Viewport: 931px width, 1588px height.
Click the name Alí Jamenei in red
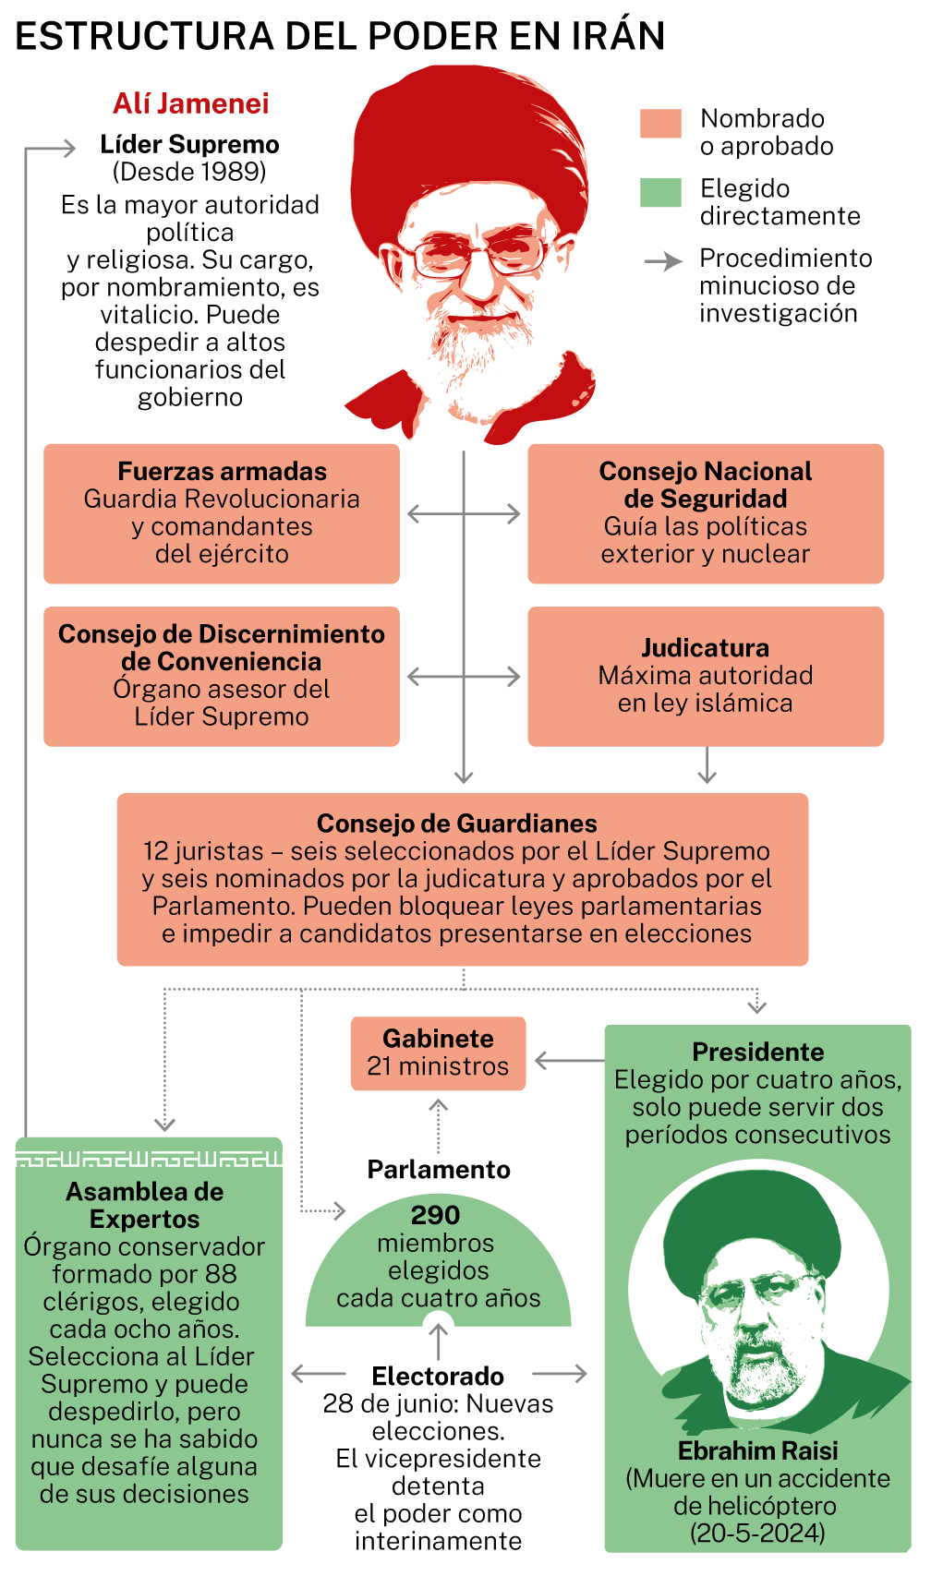(x=190, y=103)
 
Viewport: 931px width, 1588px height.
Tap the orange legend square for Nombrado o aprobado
(x=660, y=123)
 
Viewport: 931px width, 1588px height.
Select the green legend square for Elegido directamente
(x=660, y=192)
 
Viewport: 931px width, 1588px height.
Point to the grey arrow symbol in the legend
(x=663, y=262)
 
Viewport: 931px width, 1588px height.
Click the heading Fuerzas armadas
(x=222, y=471)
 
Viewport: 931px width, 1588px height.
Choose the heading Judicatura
(x=706, y=647)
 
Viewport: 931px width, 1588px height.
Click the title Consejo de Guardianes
(x=457, y=823)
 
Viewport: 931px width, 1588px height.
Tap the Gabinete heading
(x=438, y=1039)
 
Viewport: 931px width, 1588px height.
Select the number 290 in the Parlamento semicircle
(x=436, y=1215)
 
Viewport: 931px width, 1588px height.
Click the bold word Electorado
(x=438, y=1376)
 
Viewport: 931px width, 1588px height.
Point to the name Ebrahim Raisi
(x=758, y=1450)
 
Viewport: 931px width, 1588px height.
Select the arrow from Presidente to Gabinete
(x=570, y=1061)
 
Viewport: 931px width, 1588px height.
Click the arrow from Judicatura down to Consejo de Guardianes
(x=707, y=764)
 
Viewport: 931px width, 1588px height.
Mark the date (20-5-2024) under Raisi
(x=757, y=1533)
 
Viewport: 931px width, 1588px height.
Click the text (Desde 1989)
(x=189, y=172)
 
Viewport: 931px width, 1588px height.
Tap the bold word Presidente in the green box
(x=758, y=1052)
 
